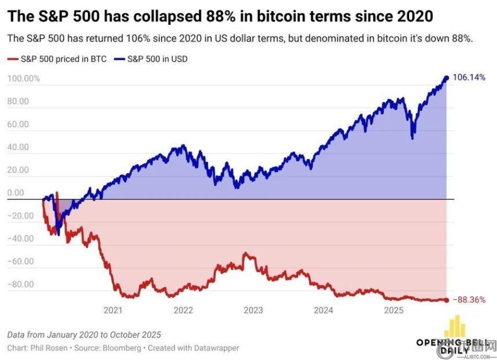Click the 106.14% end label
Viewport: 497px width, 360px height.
[469, 77]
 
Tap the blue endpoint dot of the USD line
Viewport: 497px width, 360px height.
[446, 78]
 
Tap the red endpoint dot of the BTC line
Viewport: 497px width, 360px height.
[446, 299]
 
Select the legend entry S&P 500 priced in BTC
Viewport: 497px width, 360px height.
[58, 59]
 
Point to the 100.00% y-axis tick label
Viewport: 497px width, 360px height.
[24, 79]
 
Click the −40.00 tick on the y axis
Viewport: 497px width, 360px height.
[21, 239]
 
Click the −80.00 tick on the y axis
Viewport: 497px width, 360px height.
[21, 284]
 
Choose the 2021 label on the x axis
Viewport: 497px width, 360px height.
[113, 310]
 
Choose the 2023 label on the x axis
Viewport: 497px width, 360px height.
[253, 310]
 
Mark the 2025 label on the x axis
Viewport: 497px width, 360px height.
[394, 310]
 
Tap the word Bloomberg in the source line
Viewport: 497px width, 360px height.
[126, 348]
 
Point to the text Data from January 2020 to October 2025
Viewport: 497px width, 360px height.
[84, 335]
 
